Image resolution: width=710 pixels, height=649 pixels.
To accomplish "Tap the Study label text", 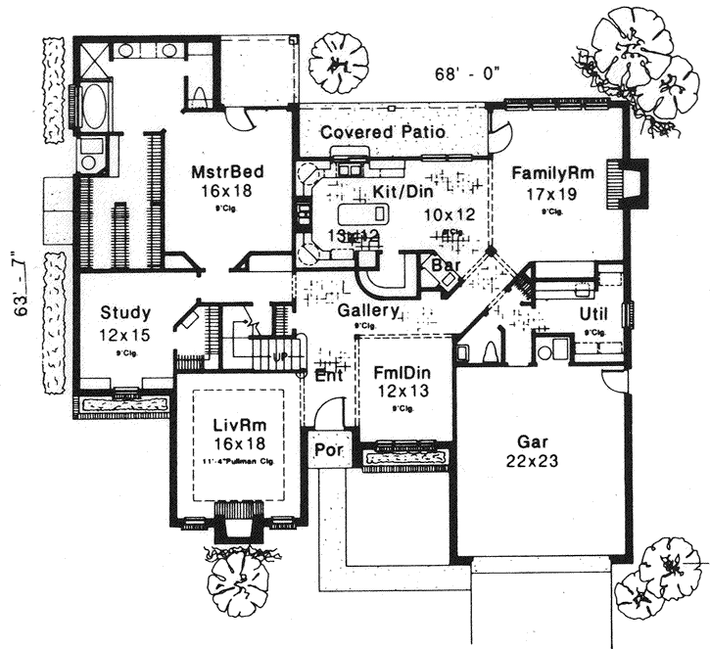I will click(x=125, y=313).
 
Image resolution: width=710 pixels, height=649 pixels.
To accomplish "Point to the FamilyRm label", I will click(x=550, y=172).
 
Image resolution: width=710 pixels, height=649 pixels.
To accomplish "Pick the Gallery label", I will click(x=367, y=310).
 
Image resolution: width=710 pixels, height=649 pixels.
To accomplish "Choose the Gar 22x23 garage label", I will click(x=532, y=443).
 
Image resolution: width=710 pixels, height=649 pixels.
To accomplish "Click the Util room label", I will click(x=594, y=313).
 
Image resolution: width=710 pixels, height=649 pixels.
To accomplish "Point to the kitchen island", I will click(x=361, y=213).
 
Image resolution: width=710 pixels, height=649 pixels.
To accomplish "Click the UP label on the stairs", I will click(x=278, y=356).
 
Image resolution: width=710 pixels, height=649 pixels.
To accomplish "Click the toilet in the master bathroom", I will click(x=199, y=95).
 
